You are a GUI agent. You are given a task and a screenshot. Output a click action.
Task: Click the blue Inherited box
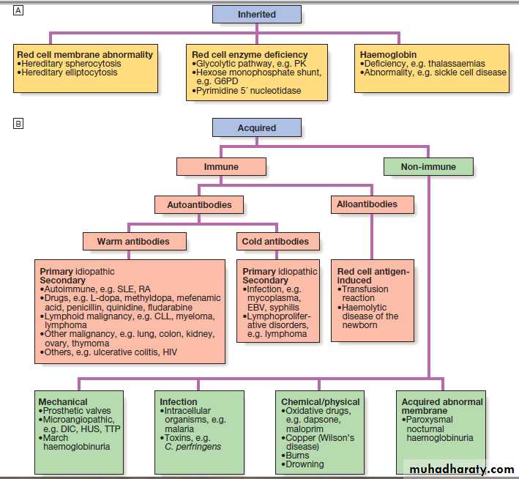tap(256, 15)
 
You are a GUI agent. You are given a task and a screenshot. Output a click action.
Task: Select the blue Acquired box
tap(256, 127)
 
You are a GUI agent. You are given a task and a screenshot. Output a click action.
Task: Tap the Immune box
tap(221, 166)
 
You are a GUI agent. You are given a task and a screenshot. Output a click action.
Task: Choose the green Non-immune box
tap(428, 166)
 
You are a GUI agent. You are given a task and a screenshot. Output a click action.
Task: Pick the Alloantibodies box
tap(373, 204)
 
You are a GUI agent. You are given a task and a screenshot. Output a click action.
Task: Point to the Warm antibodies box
tap(133, 241)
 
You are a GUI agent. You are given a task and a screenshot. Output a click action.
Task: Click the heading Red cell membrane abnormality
tap(85, 54)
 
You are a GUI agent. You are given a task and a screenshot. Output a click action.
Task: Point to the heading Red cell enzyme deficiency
tap(250, 54)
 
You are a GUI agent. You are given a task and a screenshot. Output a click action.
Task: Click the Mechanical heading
tap(63, 401)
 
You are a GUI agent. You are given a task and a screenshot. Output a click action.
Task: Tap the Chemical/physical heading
tap(321, 401)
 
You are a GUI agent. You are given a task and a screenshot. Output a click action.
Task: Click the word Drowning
tap(305, 464)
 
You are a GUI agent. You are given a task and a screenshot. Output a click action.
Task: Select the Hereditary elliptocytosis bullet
tap(71, 73)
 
